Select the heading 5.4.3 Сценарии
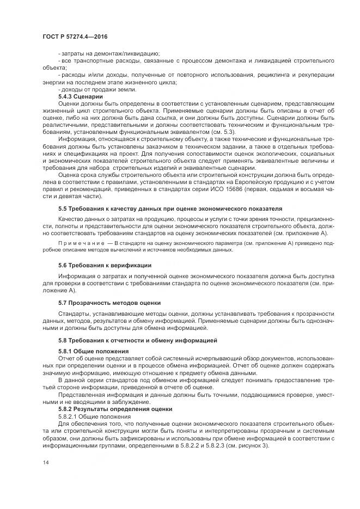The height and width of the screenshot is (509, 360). point(80,96)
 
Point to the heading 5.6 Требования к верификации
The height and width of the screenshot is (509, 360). point(105,265)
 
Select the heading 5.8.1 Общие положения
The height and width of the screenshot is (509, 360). point(93,351)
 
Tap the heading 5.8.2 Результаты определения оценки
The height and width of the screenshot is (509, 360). point(115,408)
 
